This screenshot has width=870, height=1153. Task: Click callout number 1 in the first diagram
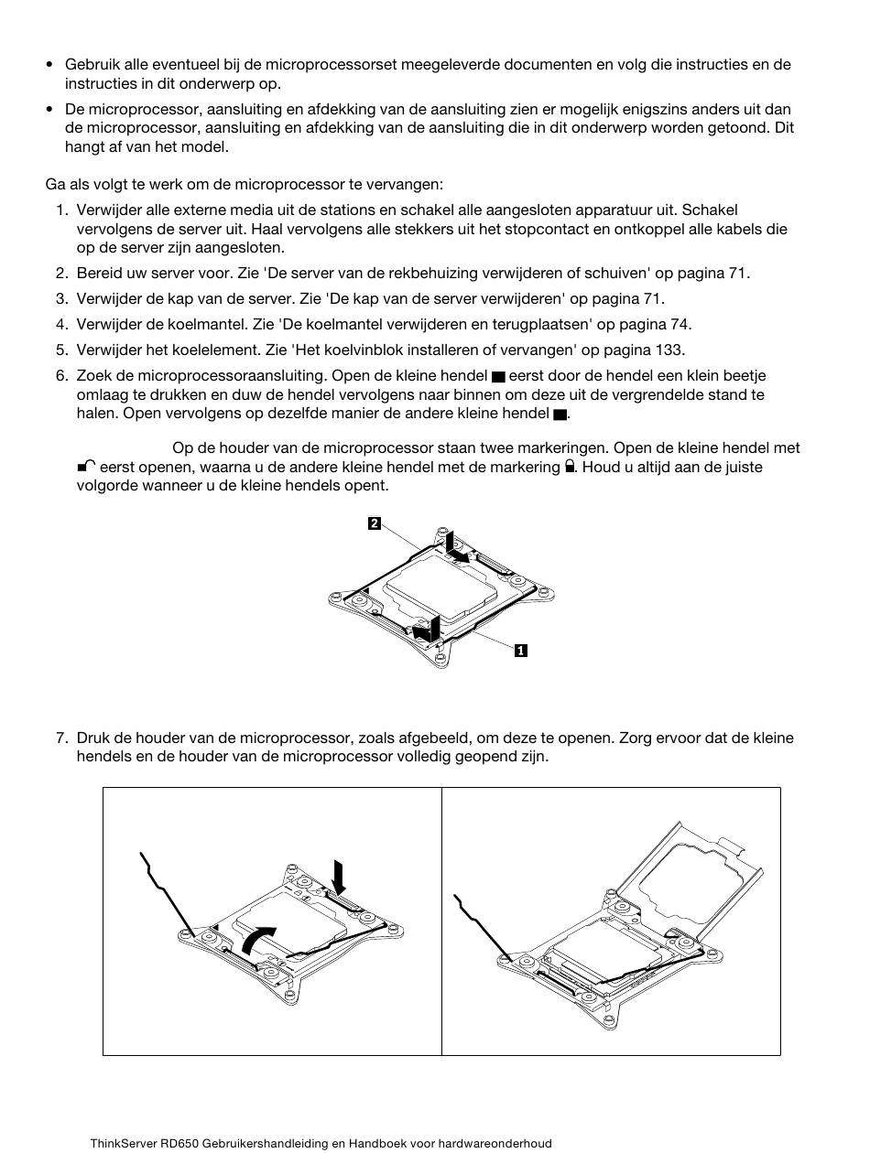tap(520, 651)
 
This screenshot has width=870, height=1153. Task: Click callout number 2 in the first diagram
tap(375, 523)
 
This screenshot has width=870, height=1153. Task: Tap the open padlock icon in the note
tap(87, 467)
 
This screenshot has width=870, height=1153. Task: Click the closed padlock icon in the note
tap(571, 467)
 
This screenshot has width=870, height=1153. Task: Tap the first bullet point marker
tap(49, 65)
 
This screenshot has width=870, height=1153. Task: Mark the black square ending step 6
tap(560, 414)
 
